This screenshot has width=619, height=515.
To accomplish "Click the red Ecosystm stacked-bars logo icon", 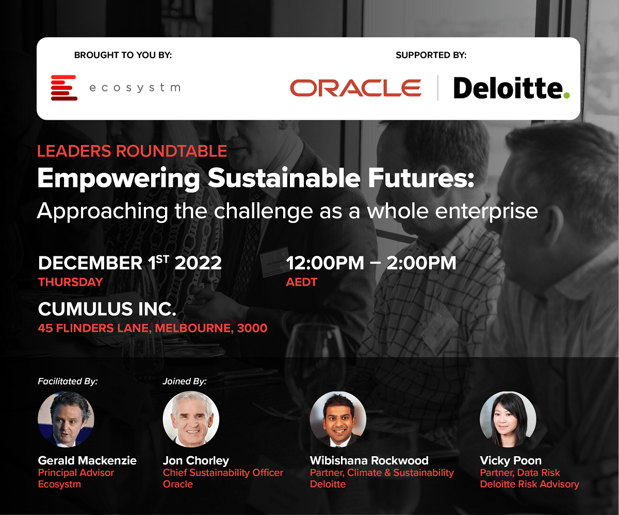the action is click(64, 88).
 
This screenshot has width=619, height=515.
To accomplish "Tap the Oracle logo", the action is click(355, 88).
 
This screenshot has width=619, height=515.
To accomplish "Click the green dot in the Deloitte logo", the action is click(566, 95).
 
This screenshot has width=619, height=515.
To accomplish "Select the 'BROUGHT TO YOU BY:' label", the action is click(123, 55).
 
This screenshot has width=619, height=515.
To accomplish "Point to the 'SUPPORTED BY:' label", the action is click(431, 55).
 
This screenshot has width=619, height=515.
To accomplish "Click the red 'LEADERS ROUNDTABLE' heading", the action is click(132, 151).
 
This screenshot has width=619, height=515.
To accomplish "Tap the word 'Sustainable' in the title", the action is click(284, 178).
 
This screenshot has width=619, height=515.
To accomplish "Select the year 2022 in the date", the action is click(198, 263).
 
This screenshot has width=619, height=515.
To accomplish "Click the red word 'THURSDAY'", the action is click(71, 282).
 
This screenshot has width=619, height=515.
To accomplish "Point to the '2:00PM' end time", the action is click(421, 263).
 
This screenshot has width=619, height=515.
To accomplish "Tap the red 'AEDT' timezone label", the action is click(301, 282).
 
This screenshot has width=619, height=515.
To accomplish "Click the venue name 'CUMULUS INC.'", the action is click(107, 309).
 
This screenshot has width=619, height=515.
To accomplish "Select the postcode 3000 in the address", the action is click(252, 328).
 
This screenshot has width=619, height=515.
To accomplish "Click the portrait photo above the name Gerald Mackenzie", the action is click(66, 419).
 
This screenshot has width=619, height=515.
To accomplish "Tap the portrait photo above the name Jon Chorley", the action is click(191, 419).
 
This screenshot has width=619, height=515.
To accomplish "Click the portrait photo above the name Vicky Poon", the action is click(508, 419).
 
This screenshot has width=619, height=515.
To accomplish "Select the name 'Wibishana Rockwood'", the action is click(369, 461).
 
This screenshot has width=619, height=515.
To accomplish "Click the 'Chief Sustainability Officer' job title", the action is click(223, 473).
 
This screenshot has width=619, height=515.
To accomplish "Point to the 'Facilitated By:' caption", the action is click(68, 381).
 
